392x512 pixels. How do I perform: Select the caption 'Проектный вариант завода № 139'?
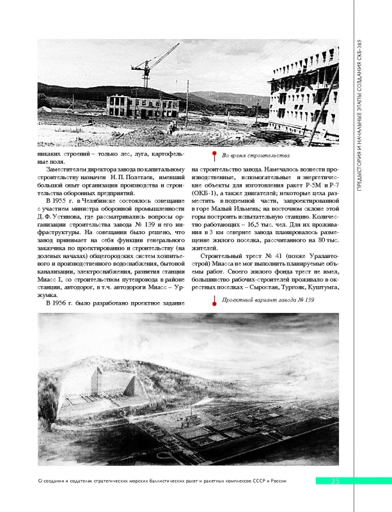(268, 299)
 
